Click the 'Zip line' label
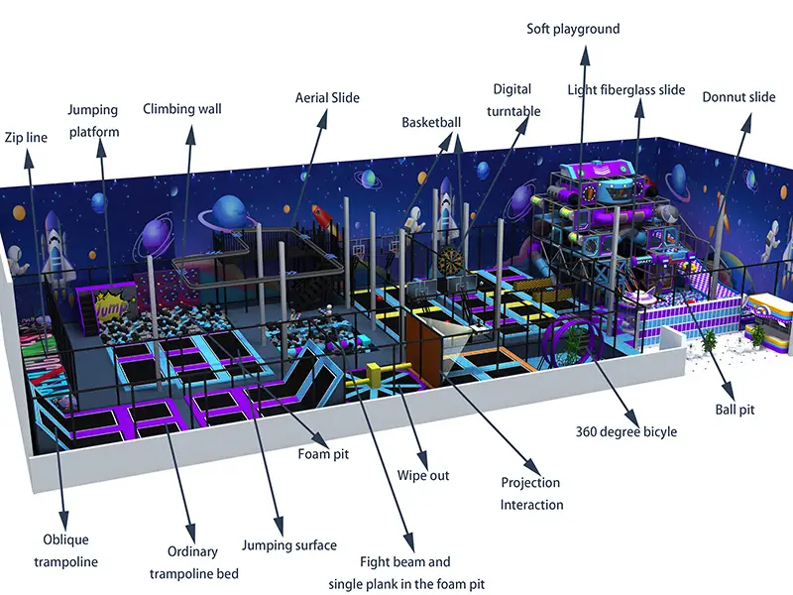[26, 137]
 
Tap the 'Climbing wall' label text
[182, 109]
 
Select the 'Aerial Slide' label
[327, 97]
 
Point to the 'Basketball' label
[431, 122]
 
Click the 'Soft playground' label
[573, 29]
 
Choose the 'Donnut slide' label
[738, 97]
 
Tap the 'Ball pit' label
[735, 410]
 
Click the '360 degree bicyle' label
[626, 431]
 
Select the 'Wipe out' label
[423, 475]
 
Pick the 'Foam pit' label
[323, 454]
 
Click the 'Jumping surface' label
[289, 545]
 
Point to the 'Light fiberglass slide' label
[626, 90]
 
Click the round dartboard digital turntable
[449, 261]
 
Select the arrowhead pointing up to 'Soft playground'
[585, 56]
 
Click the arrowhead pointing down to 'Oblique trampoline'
[63, 521]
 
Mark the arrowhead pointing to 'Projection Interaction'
[533, 467]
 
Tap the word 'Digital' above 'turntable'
[511, 90]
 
